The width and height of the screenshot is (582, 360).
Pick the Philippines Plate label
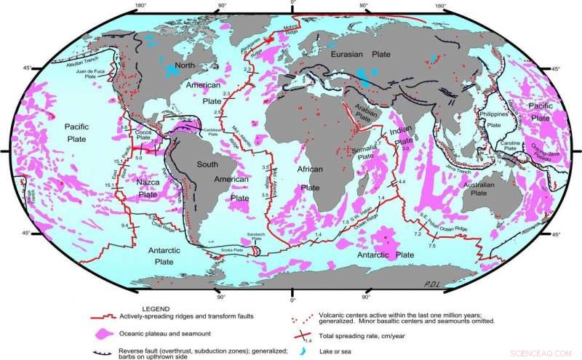495,119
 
